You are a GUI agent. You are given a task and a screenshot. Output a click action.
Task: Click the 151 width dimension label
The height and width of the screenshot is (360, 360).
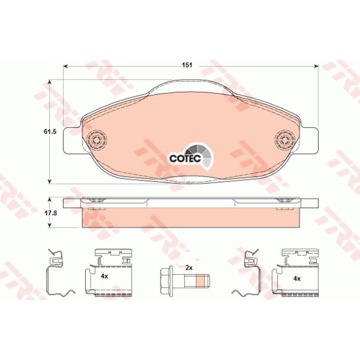coord(187,65)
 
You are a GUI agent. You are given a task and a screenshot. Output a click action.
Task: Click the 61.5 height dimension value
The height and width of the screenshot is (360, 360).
coord(50,132)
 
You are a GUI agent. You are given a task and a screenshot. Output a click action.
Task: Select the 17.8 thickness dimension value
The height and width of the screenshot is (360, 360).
coord(50,213)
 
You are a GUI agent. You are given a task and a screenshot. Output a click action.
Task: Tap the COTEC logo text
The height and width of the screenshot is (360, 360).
coord(185,158)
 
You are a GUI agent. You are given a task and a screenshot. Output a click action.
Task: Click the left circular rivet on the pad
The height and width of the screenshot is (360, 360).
coord(97,139)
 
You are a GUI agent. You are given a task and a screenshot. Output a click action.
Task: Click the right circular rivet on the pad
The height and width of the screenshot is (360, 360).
coord(285,139)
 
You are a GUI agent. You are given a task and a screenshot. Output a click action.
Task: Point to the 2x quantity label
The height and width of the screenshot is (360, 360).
coord(189,268)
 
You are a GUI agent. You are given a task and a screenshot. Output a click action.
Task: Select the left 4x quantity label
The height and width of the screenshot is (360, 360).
coord(104,276)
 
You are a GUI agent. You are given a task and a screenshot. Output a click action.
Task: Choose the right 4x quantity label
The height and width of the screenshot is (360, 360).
coord(297,279)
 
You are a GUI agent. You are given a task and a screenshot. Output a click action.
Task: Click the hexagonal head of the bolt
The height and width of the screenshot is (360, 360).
coord(165,281)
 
